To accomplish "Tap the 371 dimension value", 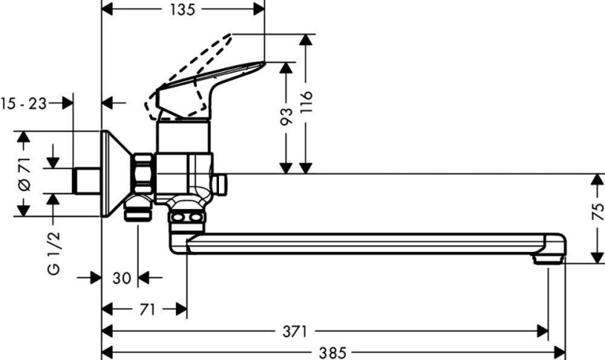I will coord(295,331).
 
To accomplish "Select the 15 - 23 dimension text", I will coord(24,102).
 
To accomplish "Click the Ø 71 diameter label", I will coord(23,174).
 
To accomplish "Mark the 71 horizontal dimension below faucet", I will coord(148,309).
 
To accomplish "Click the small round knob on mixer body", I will coord(221,183).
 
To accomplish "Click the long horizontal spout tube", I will coord(368,243).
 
